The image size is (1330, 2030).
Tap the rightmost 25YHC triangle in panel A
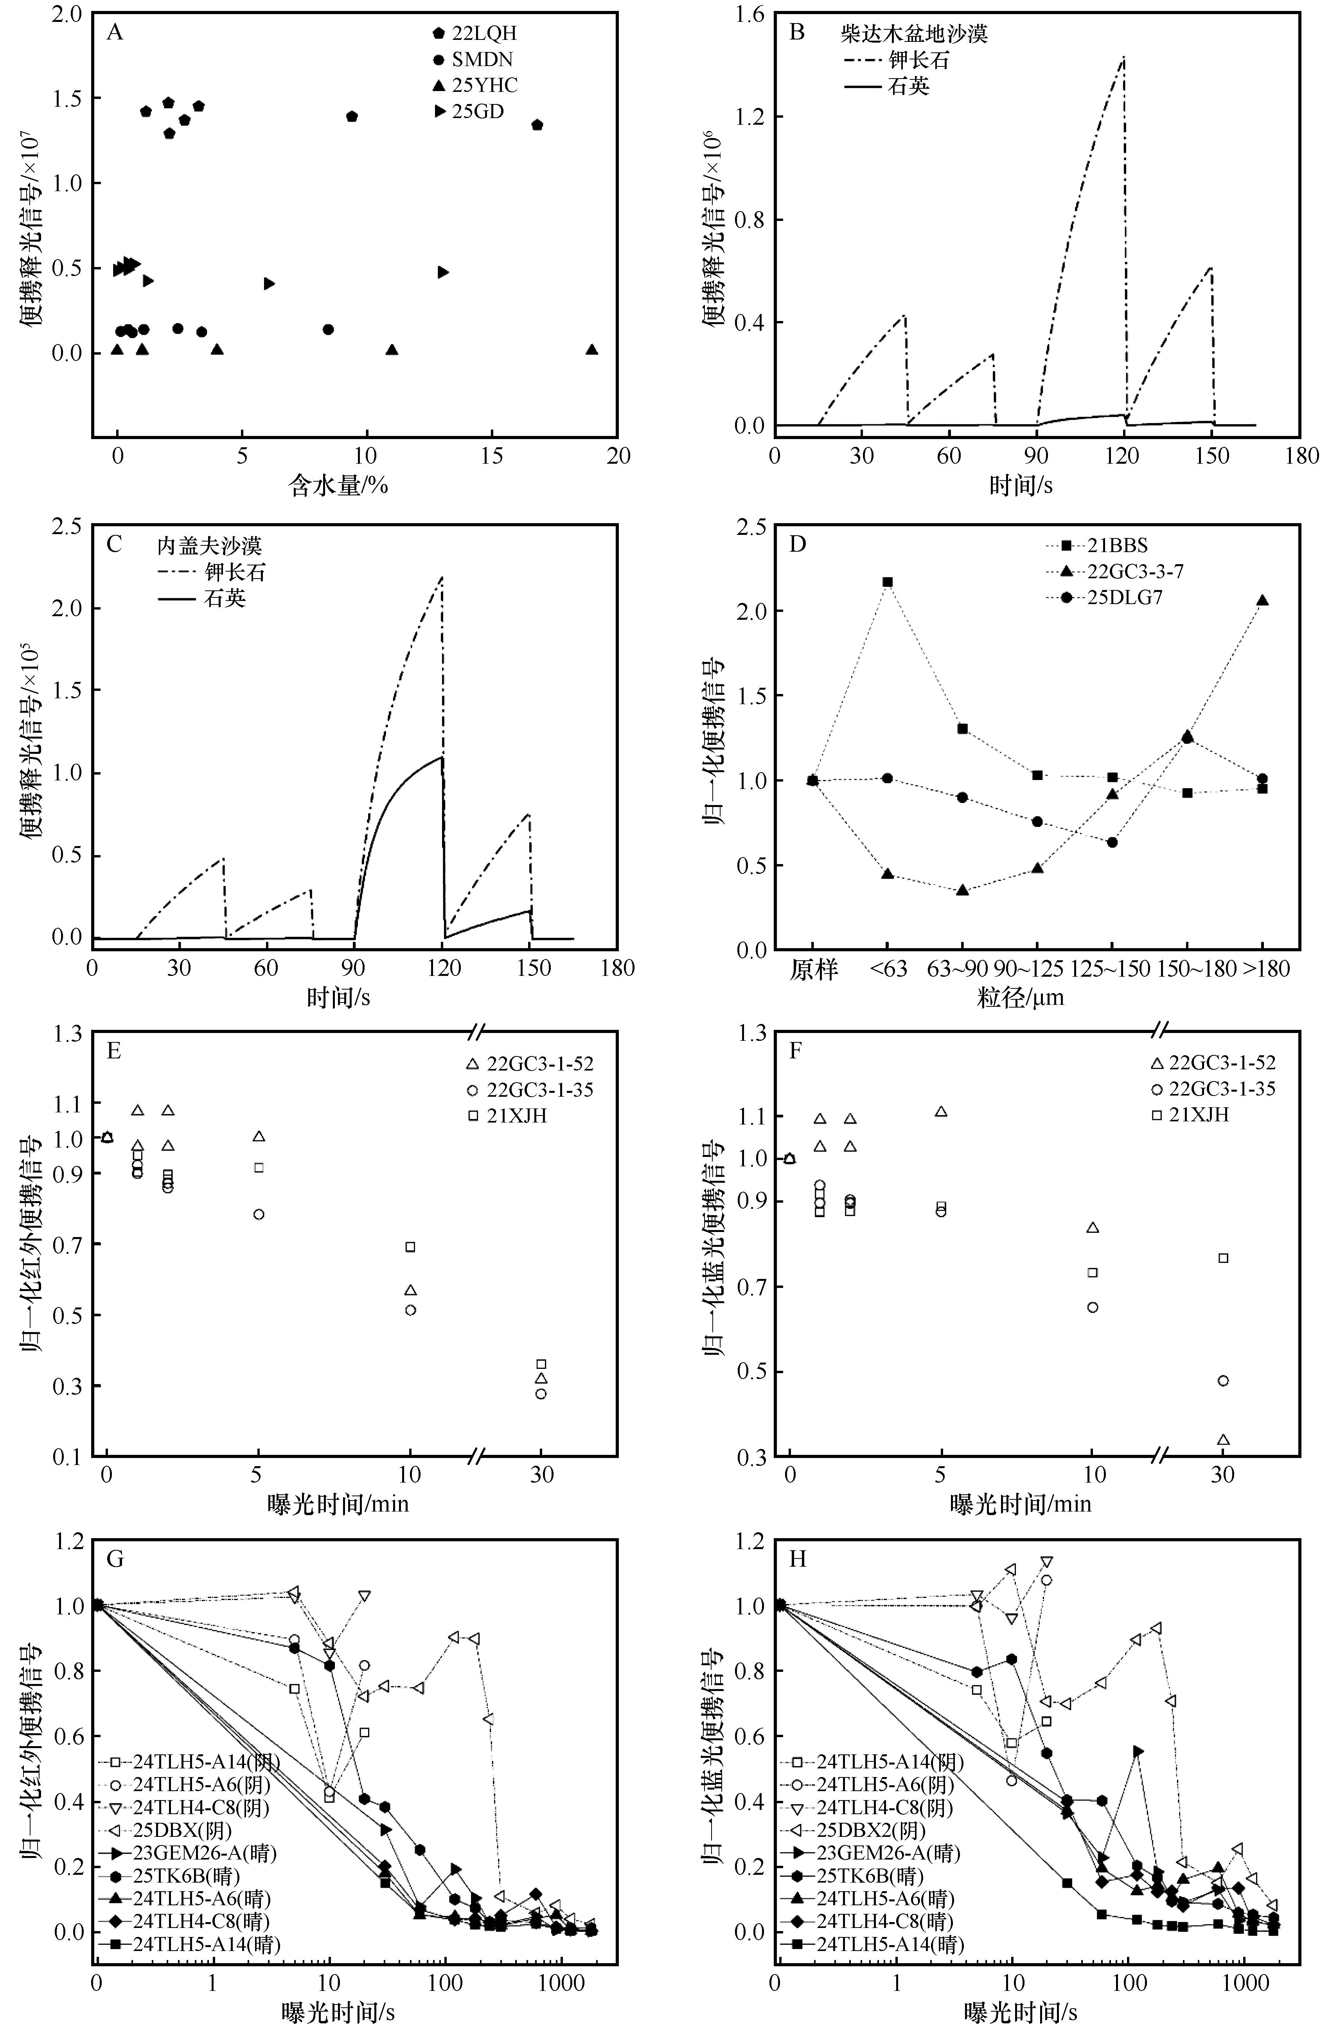click(x=592, y=350)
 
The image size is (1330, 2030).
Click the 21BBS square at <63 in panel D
click(x=887, y=582)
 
